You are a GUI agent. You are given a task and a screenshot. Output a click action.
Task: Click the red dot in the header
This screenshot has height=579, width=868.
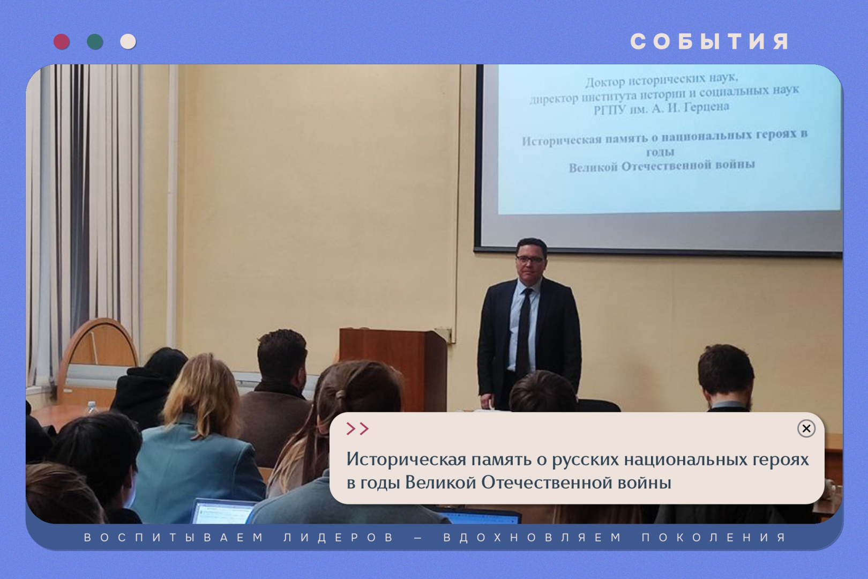coord(62,42)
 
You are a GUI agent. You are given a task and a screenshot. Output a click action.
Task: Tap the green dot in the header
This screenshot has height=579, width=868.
coord(95,42)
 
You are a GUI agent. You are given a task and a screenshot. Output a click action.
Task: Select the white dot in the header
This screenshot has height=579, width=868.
coord(128,42)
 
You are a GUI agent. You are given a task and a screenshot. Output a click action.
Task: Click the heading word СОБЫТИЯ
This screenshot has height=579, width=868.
coord(709,42)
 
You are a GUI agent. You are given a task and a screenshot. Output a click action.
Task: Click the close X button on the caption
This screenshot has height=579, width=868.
coord(806,428)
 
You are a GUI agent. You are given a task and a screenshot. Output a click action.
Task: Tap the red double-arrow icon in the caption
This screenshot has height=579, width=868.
coord(357,429)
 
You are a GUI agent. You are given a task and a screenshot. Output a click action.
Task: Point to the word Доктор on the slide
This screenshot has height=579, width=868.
coord(605,83)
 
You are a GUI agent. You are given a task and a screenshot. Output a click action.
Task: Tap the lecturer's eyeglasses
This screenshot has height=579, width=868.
coord(530,259)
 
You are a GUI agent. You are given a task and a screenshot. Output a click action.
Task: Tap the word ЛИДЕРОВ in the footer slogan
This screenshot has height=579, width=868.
coord(338,538)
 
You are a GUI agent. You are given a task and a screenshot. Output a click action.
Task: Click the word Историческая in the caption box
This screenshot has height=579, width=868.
coord(406,460)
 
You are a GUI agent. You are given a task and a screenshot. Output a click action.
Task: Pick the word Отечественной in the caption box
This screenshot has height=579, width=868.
coord(547,483)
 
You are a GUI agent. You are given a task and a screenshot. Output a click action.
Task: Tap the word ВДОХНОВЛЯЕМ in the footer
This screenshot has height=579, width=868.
coord(532,538)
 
